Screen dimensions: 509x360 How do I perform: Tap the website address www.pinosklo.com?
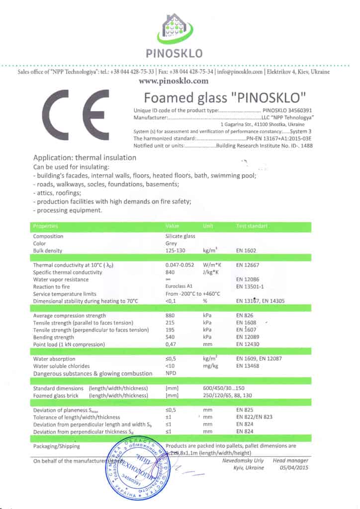(174, 81)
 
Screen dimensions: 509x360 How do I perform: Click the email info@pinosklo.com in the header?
(240, 72)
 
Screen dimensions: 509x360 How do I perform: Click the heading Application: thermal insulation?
(85, 158)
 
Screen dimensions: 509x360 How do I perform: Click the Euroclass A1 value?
(179, 287)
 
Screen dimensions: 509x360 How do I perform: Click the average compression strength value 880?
(170, 316)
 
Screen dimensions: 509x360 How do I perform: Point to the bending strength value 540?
(170, 337)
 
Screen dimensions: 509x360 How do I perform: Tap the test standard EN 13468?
(247, 365)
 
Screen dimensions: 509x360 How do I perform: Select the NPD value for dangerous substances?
(171, 373)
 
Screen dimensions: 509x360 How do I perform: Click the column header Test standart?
(253, 227)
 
